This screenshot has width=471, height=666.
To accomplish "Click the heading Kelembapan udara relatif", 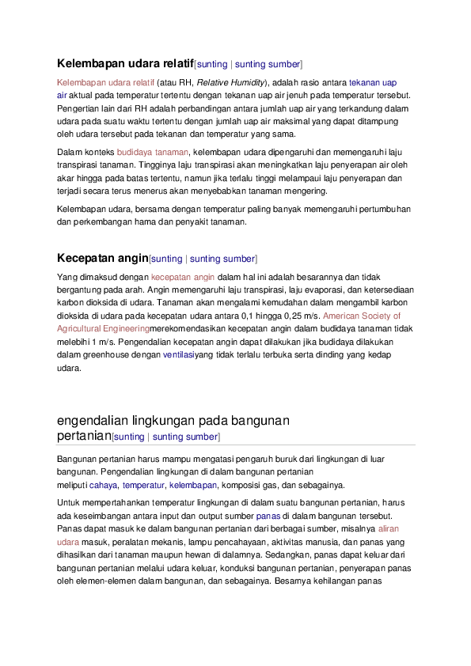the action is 125,62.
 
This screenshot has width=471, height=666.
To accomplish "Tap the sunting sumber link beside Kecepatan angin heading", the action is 223,259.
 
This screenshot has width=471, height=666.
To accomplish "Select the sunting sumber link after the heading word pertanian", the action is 186,437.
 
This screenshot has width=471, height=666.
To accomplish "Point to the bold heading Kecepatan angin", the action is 102,258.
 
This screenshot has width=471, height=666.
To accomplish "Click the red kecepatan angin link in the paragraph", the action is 183,277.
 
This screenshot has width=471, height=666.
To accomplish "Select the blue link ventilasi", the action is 178,356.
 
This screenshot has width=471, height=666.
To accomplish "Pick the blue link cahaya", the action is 103,485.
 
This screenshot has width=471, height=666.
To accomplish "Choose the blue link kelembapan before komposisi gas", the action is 193,485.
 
